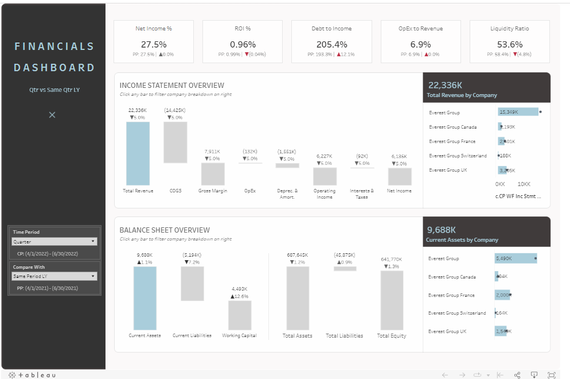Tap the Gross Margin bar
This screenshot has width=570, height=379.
[x=212, y=173]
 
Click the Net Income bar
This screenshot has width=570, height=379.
[x=399, y=176]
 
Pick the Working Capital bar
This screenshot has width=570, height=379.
[x=240, y=315]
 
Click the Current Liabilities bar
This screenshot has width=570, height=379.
[x=192, y=284]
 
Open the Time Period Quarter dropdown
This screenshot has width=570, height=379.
[x=54, y=242]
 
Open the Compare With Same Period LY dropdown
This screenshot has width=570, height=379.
[x=54, y=276]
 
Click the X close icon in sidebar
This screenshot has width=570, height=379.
[x=52, y=115]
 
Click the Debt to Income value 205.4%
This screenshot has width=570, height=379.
[x=331, y=44]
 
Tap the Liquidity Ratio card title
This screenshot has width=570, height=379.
[x=509, y=28]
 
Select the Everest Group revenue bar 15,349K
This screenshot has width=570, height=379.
[x=517, y=112]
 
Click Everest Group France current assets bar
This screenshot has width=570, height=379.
[x=502, y=295]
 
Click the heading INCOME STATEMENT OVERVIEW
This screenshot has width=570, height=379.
[x=172, y=86]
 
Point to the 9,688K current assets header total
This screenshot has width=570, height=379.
[x=442, y=229]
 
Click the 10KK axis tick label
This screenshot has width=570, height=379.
[x=524, y=184]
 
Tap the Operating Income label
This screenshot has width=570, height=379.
[x=325, y=194]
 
